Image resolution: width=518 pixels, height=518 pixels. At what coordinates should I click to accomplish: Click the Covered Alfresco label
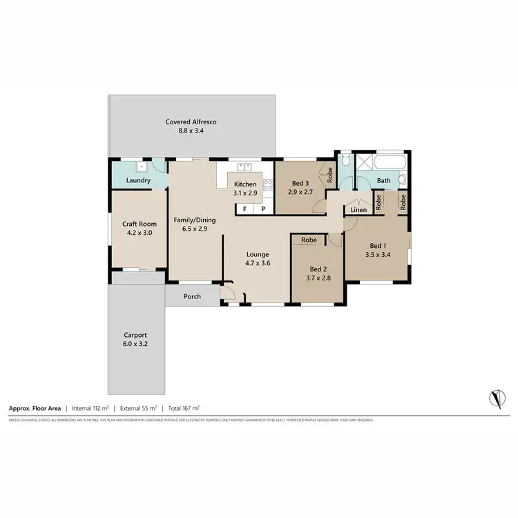[191, 122]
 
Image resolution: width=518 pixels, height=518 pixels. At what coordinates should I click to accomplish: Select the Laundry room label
[138, 180]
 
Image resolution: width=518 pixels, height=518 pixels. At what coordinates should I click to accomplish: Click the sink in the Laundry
[140, 166]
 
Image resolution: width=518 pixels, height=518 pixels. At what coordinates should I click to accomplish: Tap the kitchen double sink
[244, 166]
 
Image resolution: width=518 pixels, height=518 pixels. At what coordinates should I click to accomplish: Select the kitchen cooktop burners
[266, 184]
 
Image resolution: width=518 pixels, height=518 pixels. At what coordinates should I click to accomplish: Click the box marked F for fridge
[244, 207]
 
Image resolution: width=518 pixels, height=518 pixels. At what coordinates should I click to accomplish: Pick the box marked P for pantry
[262, 207]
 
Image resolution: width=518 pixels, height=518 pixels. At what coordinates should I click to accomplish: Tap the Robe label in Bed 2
[309, 240]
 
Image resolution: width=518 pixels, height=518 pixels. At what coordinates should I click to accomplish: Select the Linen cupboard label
[358, 209]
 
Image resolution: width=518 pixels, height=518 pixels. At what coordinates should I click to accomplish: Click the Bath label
[384, 181]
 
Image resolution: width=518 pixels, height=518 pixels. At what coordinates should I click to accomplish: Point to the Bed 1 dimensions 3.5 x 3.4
[377, 254]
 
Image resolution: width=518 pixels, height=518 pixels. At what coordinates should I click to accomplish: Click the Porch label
[192, 297]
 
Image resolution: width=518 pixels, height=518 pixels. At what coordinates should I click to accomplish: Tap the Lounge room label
[258, 254]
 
